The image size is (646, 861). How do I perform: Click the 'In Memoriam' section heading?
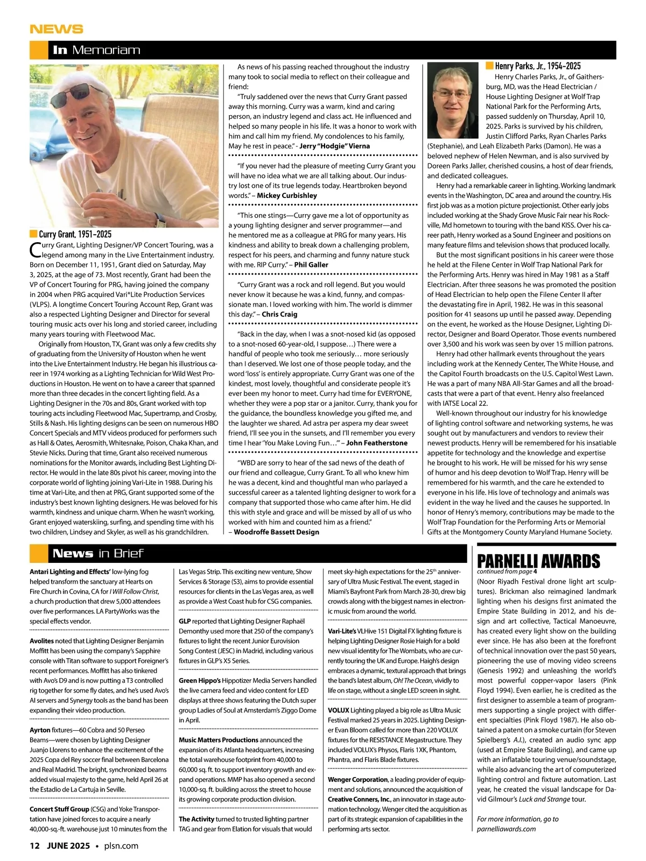[x=96, y=50]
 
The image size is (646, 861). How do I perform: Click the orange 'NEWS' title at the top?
[x=57, y=29]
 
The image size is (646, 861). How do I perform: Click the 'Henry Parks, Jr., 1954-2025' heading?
[x=537, y=66]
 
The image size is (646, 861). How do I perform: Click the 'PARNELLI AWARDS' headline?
[x=538, y=561]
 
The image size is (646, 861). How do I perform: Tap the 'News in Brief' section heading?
[x=98, y=553]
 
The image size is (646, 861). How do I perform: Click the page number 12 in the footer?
[x=34, y=845]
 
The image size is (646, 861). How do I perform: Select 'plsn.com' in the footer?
[x=121, y=845]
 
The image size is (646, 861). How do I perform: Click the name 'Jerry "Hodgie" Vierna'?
[x=334, y=146]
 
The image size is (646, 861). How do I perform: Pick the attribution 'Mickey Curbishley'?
[x=286, y=195]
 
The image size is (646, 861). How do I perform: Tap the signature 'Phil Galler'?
[x=311, y=265]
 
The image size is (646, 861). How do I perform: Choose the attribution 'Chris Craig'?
[x=279, y=314]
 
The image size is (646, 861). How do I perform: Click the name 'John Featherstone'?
[x=377, y=443]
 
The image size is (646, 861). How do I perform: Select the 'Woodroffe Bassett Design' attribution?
[x=276, y=532]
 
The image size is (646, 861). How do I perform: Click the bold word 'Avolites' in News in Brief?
[x=41, y=641]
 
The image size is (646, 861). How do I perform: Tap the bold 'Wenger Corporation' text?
[x=357, y=779]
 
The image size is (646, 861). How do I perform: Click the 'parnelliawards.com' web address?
[x=506, y=829]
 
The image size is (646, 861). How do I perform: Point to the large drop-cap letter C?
[x=34, y=250]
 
